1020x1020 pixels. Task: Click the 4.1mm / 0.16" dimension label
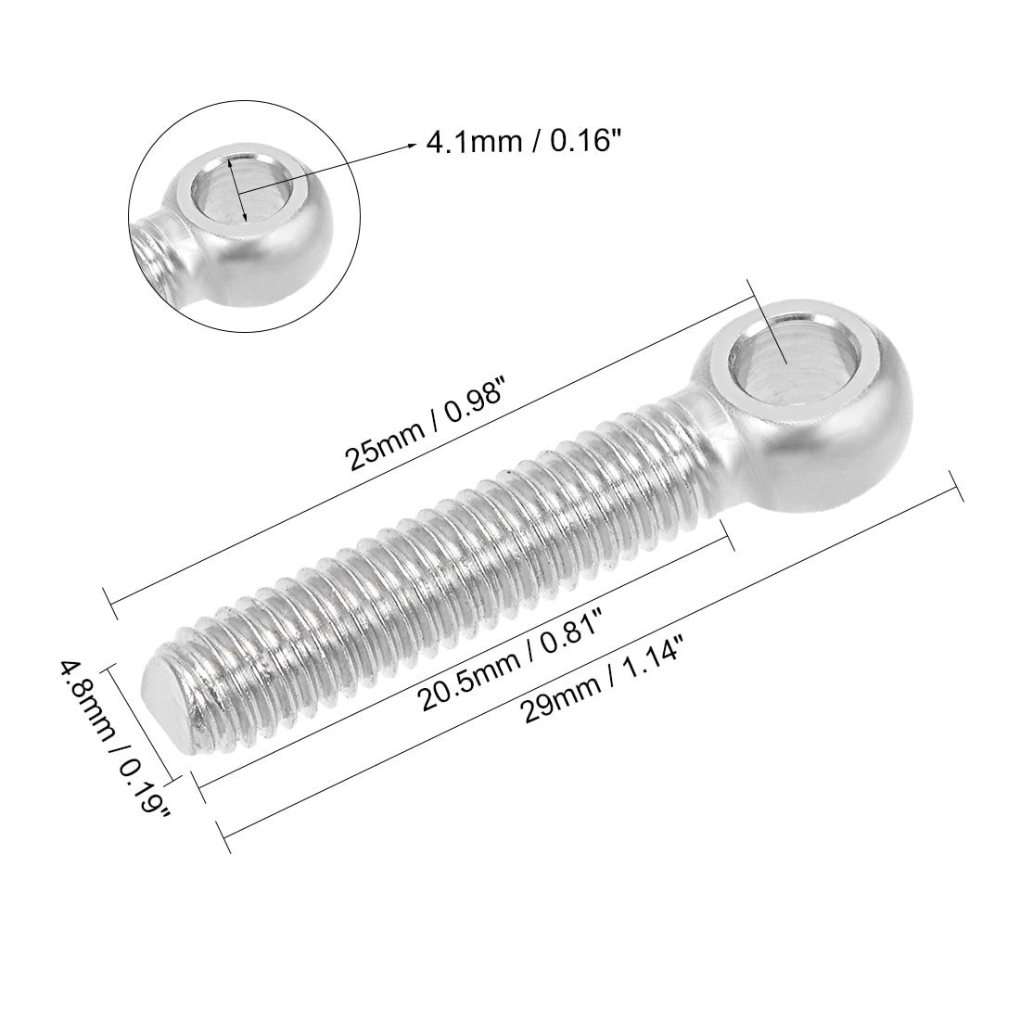522,145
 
